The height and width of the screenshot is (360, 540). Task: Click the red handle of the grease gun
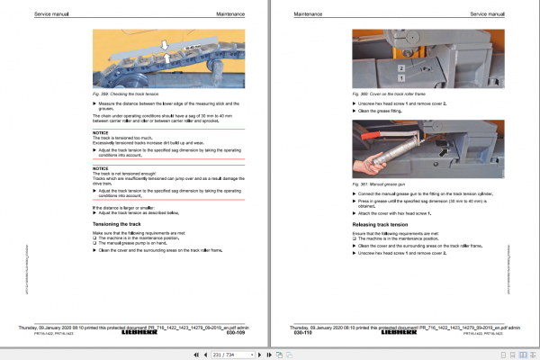coord(372,133)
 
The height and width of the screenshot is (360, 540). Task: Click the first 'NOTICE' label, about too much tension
coord(101,132)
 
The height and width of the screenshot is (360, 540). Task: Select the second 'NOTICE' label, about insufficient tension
coord(101,168)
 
